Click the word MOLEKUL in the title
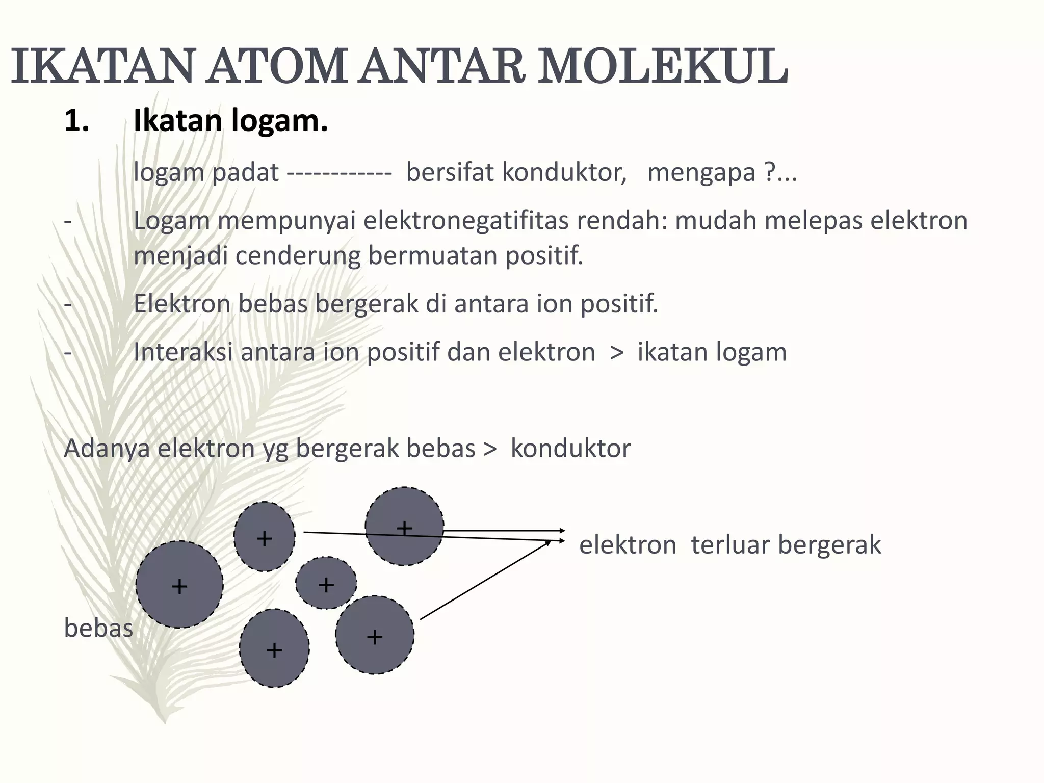coord(663,66)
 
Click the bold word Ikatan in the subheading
coord(177,121)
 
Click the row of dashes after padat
coord(340,173)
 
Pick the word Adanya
coord(107,449)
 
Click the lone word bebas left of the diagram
coord(98,629)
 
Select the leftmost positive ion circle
coord(179,585)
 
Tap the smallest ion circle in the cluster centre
coord(326,583)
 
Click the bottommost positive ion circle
coord(274,648)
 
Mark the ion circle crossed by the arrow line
coord(404,526)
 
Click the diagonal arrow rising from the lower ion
coord(484,580)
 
